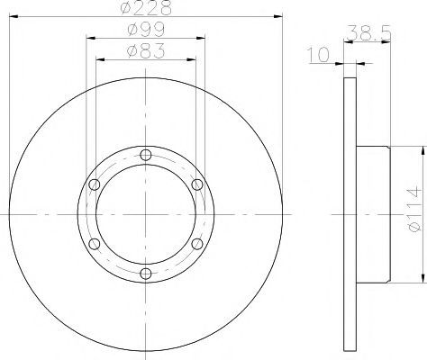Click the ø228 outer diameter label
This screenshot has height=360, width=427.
[x=146, y=8]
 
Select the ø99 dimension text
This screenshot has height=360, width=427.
[x=146, y=30]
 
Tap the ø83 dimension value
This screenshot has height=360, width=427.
[x=146, y=51]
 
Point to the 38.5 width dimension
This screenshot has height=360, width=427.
[x=368, y=32]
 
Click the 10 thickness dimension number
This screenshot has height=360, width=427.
[x=318, y=55]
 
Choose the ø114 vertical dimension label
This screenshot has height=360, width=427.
[x=414, y=210]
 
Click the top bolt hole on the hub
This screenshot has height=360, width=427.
[x=146, y=155]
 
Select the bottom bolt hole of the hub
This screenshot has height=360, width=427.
[x=146, y=274]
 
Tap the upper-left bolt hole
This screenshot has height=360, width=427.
[x=95, y=184]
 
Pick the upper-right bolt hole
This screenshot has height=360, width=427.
[x=197, y=184]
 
